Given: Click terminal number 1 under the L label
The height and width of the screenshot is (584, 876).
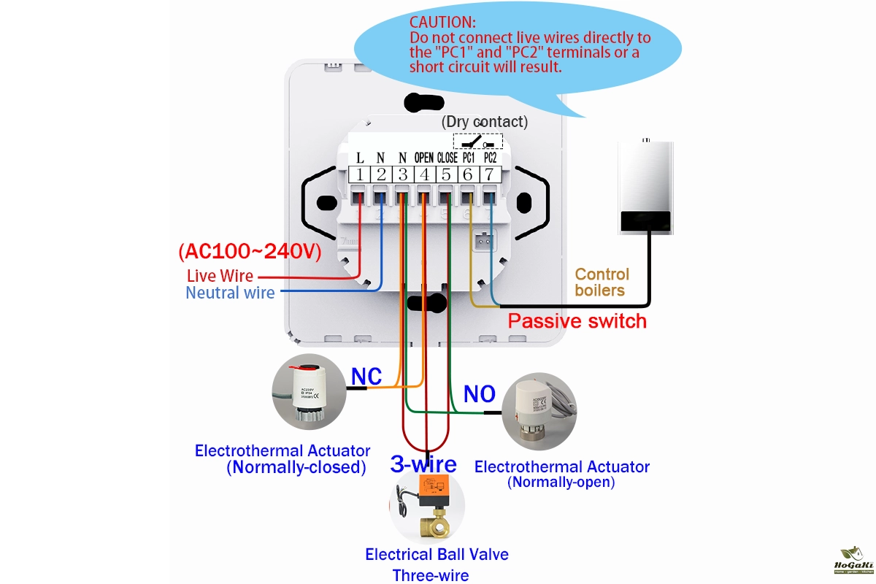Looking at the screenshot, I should [360, 174].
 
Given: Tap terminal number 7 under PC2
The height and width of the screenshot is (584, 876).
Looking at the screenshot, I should [489, 174].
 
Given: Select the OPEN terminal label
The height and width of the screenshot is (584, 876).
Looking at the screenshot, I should [424, 158].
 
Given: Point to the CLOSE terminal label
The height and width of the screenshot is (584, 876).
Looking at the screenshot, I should [447, 158].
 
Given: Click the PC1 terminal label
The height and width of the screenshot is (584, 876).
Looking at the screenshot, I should [469, 158].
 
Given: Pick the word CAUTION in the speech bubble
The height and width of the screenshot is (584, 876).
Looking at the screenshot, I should [442, 23].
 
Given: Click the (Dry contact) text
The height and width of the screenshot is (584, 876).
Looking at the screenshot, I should [485, 121].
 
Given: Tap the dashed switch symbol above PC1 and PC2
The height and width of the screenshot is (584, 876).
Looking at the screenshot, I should [478, 141].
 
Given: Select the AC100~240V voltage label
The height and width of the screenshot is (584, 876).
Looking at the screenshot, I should [250, 251].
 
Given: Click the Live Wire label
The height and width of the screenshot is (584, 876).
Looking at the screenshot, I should [220, 276].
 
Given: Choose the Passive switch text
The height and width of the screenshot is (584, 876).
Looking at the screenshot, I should [577, 320].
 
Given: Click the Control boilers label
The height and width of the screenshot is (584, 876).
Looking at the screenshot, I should [602, 283].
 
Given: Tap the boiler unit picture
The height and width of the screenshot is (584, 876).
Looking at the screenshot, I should [645, 187].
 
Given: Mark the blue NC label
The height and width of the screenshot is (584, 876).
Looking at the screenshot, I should [366, 376].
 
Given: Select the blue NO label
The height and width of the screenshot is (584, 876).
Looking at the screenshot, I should [480, 394].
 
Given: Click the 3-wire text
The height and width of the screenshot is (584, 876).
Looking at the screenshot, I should [423, 464].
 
